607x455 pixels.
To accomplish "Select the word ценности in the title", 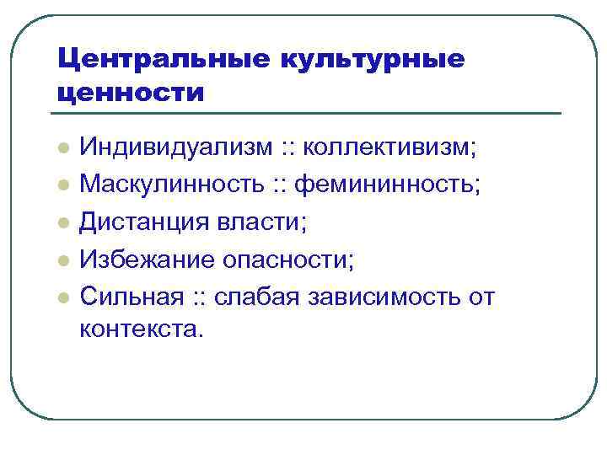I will (131, 91).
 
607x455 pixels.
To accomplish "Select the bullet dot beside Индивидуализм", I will (62, 149).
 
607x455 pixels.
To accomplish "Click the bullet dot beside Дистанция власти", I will (62, 223).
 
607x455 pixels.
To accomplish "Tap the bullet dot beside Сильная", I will (62, 297).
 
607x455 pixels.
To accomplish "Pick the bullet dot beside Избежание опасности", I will (62, 260).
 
